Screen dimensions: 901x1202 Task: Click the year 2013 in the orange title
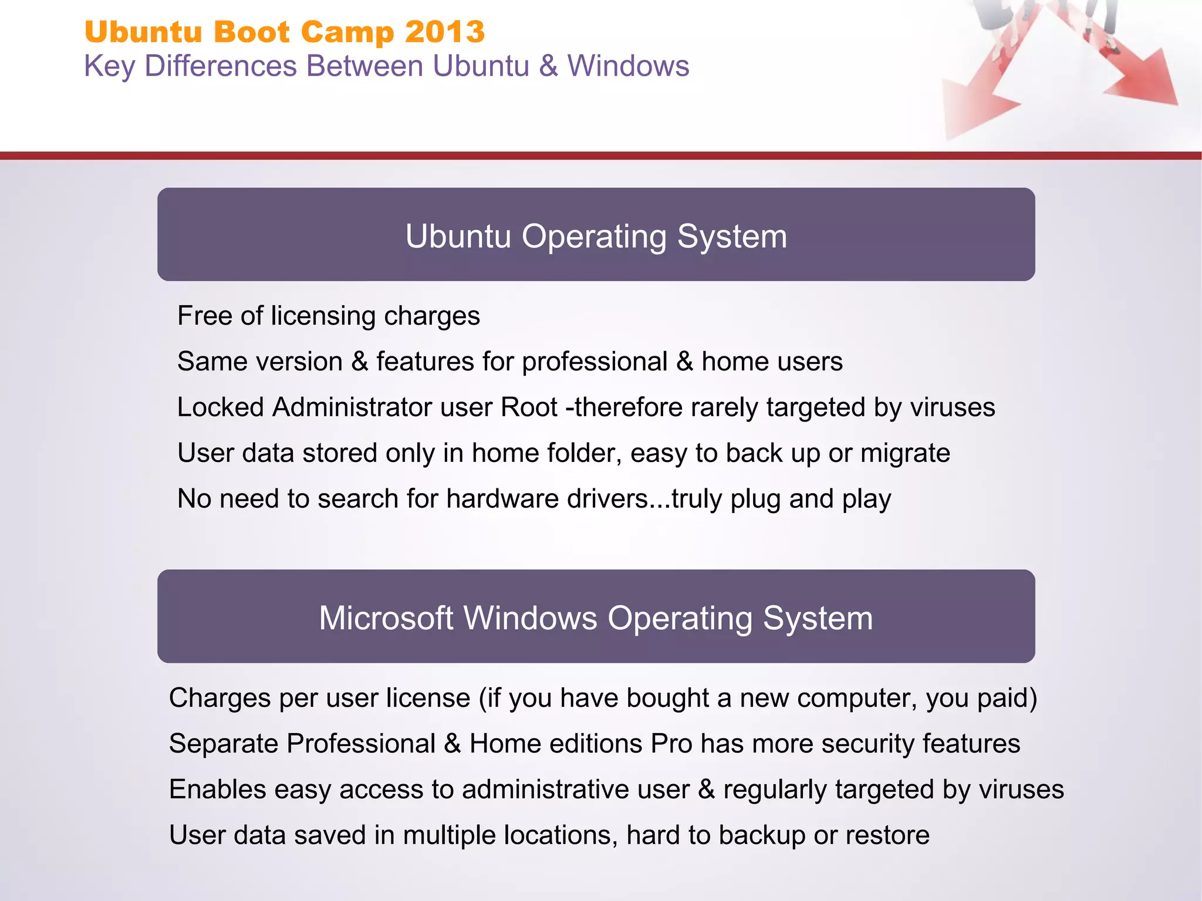[x=444, y=32]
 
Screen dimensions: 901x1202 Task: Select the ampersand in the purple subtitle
[x=548, y=66]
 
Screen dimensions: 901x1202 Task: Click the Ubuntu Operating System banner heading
[x=596, y=236]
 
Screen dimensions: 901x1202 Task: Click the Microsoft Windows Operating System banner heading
[x=596, y=618]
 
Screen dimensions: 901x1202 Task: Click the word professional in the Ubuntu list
[x=595, y=362]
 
